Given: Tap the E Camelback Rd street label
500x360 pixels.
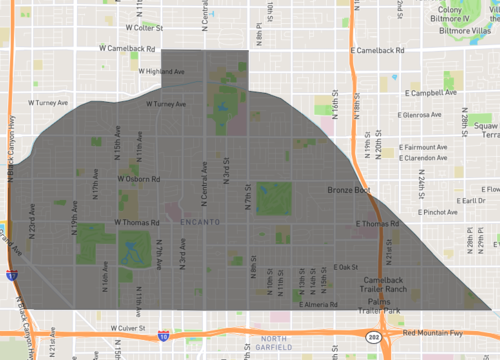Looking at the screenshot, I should (378, 50).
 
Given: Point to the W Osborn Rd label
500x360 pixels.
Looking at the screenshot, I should (139, 180).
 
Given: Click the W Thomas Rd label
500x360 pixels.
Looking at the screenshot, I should (137, 223).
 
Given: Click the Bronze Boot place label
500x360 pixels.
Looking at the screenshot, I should (348, 190).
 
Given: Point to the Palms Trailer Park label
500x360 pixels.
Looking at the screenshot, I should (385, 306).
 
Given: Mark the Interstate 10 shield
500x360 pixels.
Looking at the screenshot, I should (162, 337).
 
